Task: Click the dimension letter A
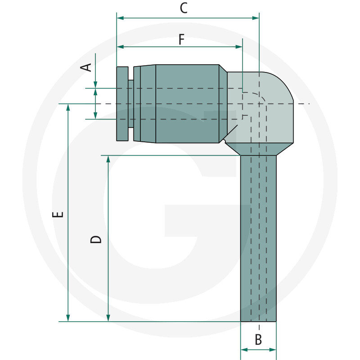tap(86, 67)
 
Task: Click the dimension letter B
tap(258, 339)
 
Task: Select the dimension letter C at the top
tap(184, 8)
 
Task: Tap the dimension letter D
tap(96, 238)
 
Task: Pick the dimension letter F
tap(181, 40)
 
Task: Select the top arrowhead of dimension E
tap(68, 107)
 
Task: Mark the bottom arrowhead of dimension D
tap(108, 318)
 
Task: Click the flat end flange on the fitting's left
tap(122, 103)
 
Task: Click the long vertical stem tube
tap(258, 238)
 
